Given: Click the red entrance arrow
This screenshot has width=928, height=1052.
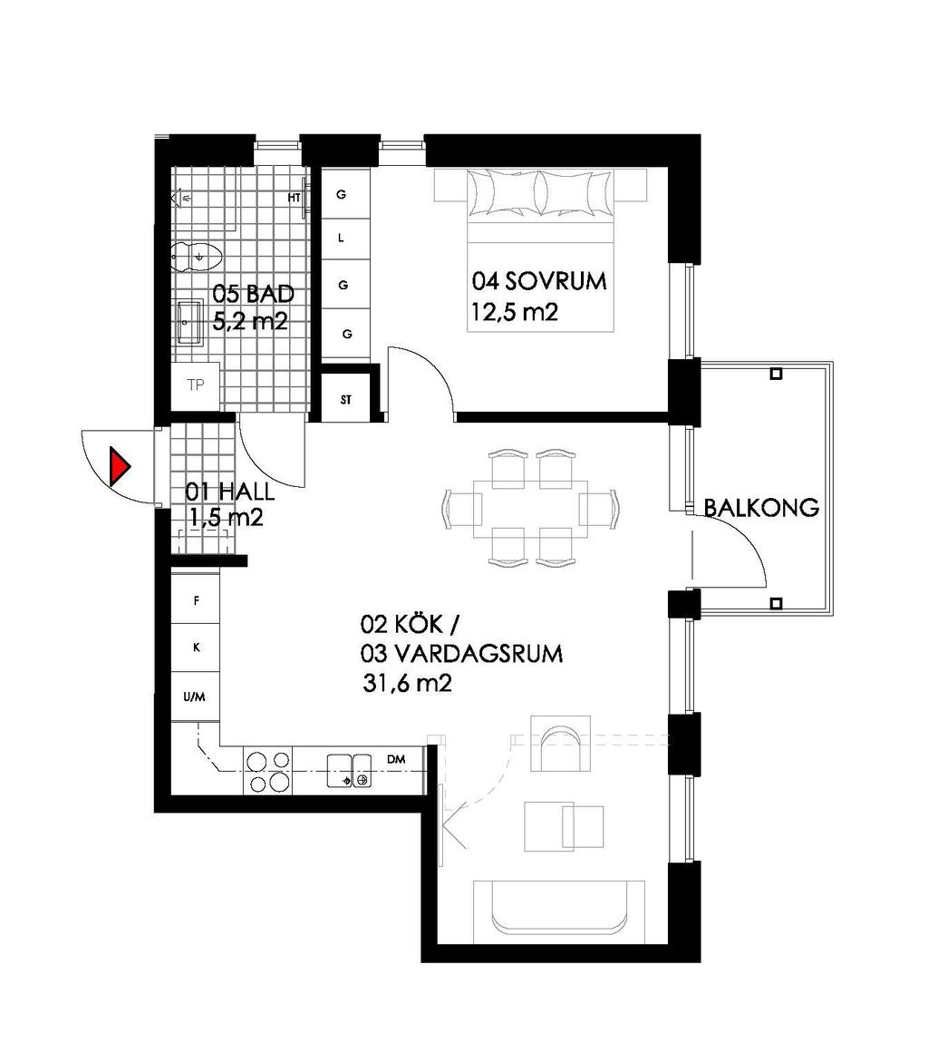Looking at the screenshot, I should tap(119, 466).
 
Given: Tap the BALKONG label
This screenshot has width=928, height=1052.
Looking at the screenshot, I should tap(761, 508).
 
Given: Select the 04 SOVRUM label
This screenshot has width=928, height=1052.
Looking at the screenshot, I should tap(538, 281).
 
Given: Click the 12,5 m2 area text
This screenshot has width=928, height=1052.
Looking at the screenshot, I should tap(513, 313).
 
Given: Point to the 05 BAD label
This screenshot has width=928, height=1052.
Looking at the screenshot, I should tap(253, 294).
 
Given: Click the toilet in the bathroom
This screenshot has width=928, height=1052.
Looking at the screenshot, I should tap(193, 257).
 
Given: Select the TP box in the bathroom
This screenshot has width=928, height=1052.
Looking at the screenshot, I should tap(195, 385).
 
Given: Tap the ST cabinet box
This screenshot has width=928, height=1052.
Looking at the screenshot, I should tap(347, 399).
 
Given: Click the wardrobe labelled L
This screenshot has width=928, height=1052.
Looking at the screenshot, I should tap(342, 239).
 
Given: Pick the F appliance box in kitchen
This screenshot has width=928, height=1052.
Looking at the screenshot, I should tap(196, 600).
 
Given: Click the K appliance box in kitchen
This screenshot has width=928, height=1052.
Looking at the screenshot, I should tap(196, 648).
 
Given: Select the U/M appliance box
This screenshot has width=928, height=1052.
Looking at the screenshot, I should tap(195, 696).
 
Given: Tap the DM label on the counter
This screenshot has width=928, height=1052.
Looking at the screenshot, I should tap(395, 758).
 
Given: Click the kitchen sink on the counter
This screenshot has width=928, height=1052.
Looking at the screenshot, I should tap(349, 769).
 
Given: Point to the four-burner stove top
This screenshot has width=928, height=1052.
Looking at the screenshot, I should tap(267, 770).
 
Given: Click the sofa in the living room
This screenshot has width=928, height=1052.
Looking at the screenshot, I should tap(558, 910).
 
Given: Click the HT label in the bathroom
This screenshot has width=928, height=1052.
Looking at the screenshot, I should tap(294, 198).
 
